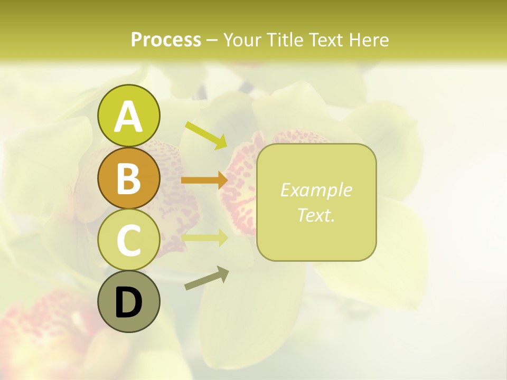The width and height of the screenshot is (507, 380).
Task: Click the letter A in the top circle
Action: [x=128, y=116]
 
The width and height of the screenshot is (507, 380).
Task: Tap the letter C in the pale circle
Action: [x=128, y=240]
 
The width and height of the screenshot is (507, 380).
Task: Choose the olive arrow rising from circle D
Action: [x=205, y=279]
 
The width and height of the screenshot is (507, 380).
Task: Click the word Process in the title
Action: [x=166, y=40]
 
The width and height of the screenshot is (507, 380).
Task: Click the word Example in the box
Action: [x=316, y=190]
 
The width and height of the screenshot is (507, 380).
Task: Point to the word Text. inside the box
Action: [x=316, y=215]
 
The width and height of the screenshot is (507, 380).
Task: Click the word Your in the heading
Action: [x=243, y=40]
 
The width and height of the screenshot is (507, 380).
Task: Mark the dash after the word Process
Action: [x=212, y=40]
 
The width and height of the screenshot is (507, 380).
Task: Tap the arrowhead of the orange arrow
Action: [x=222, y=180]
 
